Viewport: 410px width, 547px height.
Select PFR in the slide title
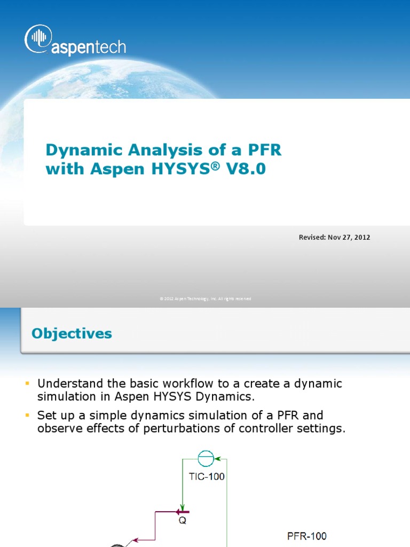(262, 150)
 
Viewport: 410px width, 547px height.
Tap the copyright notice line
(205, 299)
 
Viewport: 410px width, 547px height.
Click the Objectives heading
(72, 334)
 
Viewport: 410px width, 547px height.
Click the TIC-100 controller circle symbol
(206, 458)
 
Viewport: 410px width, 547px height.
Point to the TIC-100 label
(207, 477)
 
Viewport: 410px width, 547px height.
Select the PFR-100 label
(306, 536)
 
